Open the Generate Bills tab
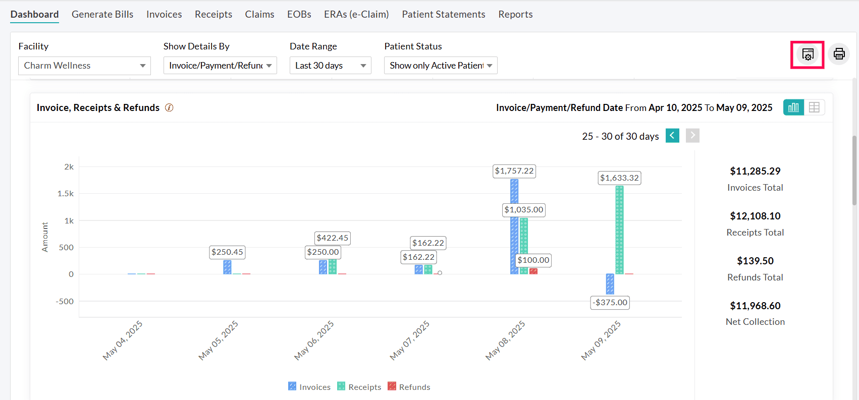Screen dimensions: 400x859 (x=102, y=14)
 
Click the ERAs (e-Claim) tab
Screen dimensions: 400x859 (x=356, y=14)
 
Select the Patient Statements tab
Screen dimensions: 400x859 (x=443, y=14)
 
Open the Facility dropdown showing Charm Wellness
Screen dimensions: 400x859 (x=84, y=66)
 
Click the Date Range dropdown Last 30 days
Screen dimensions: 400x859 (x=330, y=66)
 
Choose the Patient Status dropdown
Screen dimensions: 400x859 (x=440, y=66)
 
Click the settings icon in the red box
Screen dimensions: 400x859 (x=808, y=54)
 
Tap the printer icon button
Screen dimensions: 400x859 (x=839, y=54)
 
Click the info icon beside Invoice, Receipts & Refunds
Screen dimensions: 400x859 (x=169, y=107)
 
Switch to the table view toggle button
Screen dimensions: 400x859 (x=814, y=107)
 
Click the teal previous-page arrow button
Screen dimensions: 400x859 (x=672, y=136)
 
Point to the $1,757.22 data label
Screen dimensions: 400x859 (x=514, y=171)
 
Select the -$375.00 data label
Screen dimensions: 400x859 (x=610, y=302)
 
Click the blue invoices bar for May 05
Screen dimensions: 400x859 (x=227, y=267)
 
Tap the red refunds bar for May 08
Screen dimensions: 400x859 (x=533, y=271)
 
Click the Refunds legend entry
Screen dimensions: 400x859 (x=409, y=387)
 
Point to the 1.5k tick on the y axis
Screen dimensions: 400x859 (x=66, y=194)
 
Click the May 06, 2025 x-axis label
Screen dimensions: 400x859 (x=314, y=340)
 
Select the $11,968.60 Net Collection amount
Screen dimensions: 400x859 (x=755, y=306)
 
